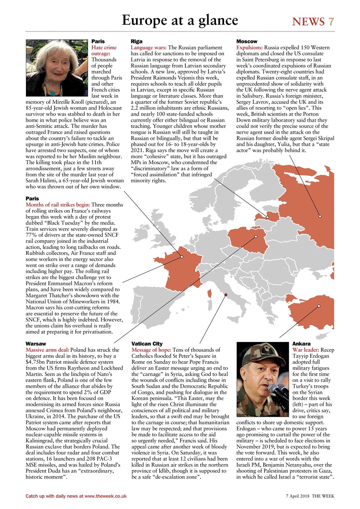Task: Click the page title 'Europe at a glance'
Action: pos(180,20)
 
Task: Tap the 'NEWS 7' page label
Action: pos(313,21)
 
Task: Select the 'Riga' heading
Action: pos(136,41)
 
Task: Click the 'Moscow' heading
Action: pos(247,41)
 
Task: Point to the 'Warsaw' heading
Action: pos(36,344)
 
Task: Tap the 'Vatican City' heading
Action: pos(147,344)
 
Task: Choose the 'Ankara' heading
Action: pos(301,344)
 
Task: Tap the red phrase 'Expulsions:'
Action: pos(250,47)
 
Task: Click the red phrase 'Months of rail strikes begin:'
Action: pos(58,204)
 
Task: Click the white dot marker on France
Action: pos(181,257)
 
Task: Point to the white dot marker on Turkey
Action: pos(319,306)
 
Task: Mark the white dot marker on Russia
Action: pos(320,216)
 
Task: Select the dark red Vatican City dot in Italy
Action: pos(226,295)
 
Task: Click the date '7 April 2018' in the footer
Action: pos(298,496)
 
